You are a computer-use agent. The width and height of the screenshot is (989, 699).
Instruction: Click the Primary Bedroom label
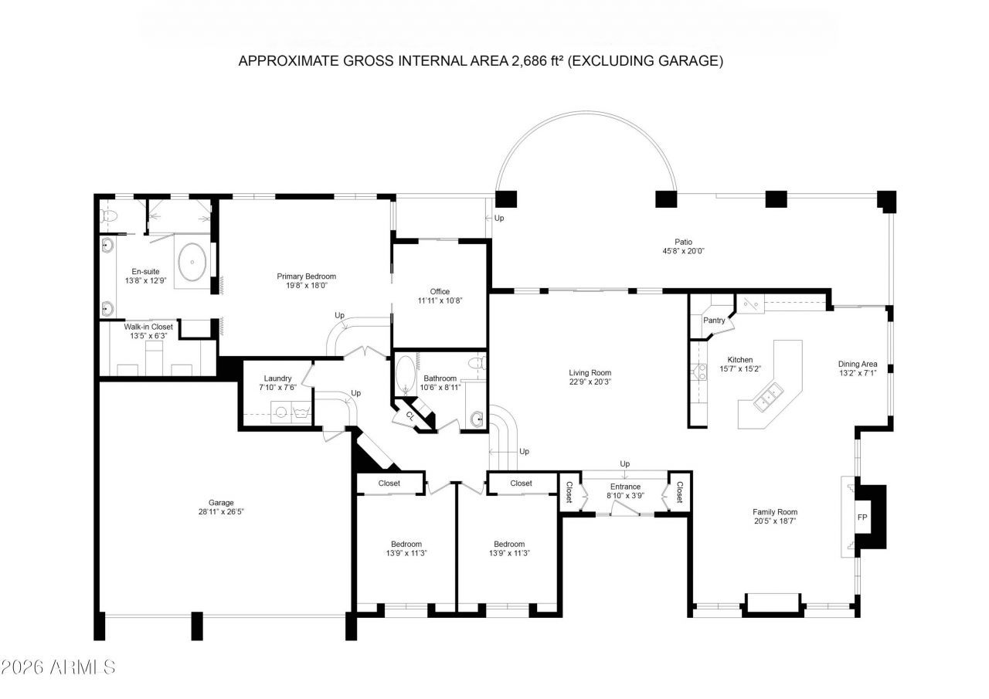coord(307,277)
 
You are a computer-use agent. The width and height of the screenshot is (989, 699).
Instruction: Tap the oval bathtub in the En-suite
coord(192,262)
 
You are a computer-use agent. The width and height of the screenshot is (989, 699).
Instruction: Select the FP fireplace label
coord(862,517)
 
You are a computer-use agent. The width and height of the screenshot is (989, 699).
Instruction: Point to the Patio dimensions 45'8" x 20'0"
coord(683,251)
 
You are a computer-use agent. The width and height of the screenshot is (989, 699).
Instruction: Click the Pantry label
coord(714,321)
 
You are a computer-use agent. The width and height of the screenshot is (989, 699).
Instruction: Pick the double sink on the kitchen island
coord(768,397)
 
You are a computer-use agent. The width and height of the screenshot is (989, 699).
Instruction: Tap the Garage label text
coord(221,503)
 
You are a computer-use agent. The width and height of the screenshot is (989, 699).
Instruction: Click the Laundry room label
coord(277,378)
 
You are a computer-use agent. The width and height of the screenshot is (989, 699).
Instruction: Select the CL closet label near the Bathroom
coord(410,416)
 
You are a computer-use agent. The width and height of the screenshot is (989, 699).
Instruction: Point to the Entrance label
coord(625,487)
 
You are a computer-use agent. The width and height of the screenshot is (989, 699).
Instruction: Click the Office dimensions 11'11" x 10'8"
coord(440,300)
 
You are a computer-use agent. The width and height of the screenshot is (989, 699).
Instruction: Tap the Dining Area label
coord(858,364)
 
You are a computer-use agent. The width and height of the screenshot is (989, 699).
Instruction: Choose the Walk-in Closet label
coord(148,327)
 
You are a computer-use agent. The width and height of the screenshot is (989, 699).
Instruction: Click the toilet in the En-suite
coord(109,215)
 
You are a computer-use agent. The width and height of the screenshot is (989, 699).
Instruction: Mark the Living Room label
coord(590,373)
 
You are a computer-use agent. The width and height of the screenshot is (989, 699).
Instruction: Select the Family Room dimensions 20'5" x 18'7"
coord(775,521)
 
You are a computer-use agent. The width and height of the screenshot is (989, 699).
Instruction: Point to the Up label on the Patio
coord(499,218)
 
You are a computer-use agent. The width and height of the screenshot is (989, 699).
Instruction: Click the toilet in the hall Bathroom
coord(478,363)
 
